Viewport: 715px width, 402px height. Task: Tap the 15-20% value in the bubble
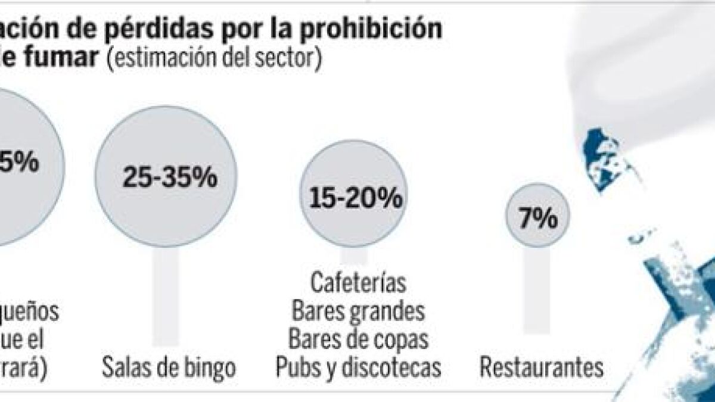[x=356, y=198]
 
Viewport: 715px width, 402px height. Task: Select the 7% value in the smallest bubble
[x=537, y=220]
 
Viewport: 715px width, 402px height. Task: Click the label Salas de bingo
[x=169, y=368]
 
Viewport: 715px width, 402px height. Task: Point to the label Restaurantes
[x=542, y=368]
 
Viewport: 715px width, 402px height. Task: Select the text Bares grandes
[x=358, y=310]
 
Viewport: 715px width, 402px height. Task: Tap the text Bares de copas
[x=358, y=339]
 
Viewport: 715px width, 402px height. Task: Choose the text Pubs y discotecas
[x=358, y=368]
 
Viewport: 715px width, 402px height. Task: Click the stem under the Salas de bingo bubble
[x=166, y=298]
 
